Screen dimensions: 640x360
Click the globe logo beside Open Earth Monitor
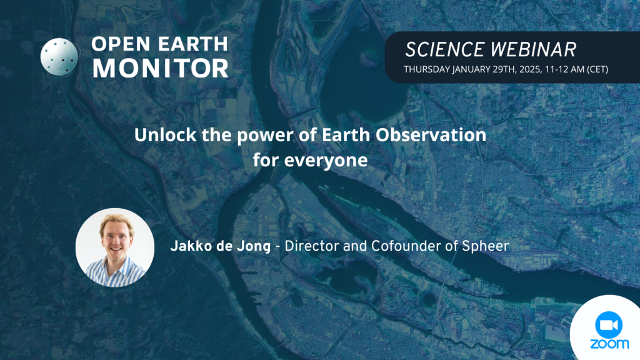point(59,57)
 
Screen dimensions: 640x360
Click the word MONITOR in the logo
point(161,67)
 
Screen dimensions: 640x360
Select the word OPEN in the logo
point(122,44)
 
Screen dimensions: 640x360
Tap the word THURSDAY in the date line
point(426,69)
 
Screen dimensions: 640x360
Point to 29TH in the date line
point(504,69)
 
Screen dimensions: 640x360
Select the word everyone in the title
point(326,161)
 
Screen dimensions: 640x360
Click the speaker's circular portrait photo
point(115,247)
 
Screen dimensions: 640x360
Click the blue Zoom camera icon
point(609,324)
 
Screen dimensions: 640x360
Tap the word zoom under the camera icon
point(609,344)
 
